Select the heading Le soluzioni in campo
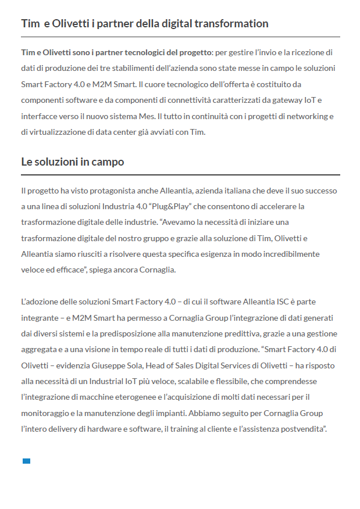click(73, 162)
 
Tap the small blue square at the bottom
click(26, 461)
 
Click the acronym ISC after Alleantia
click(279, 302)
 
